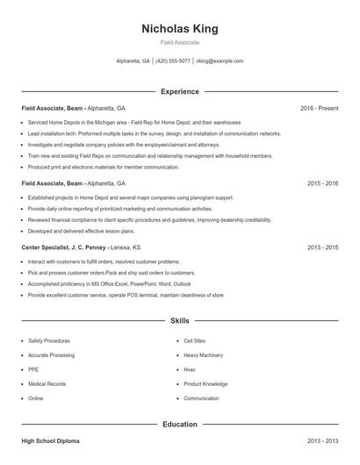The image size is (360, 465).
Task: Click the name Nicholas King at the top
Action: point(180,29)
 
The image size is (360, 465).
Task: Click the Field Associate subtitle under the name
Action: point(180,42)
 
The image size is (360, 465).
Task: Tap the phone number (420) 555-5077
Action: point(173,61)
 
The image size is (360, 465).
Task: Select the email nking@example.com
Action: point(220,61)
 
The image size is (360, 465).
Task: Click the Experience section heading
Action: point(180,91)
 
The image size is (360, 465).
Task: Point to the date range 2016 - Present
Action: point(319,108)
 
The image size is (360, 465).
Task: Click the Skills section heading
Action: point(180,322)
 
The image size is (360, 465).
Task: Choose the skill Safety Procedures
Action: point(49,340)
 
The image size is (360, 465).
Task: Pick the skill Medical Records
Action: point(47,383)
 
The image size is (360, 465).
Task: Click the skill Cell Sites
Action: point(196,340)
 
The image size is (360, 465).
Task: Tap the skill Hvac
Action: point(191,369)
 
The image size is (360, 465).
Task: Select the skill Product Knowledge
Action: point(205,383)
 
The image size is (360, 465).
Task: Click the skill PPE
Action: point(34,369)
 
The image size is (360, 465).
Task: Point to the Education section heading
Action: point(180,424)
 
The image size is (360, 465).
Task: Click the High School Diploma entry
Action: point(51,440)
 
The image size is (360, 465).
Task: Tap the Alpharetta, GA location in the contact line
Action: point(133,61)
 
